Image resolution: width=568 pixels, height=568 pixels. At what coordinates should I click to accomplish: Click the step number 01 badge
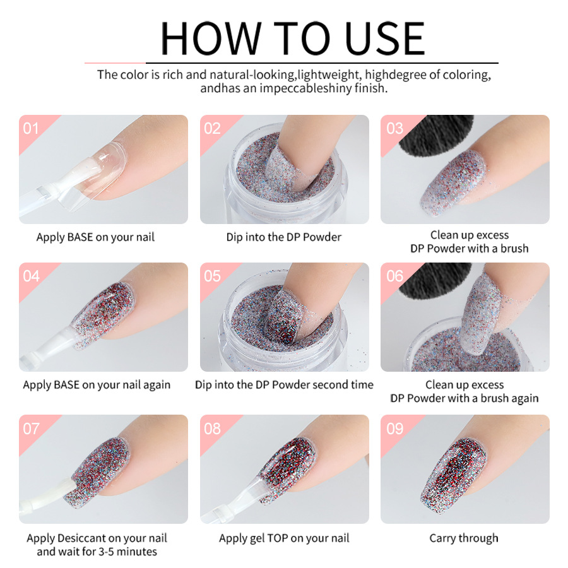(x=31, y=129)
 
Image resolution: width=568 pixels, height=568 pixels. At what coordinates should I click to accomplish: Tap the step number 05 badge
(x=213, y=276)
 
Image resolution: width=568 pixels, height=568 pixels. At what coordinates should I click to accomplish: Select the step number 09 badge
(x=394, y=429)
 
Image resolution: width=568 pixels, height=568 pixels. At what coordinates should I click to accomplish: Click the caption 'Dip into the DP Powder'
(x=284, y=237)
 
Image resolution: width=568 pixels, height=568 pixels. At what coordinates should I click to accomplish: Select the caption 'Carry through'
(x=464, y=538)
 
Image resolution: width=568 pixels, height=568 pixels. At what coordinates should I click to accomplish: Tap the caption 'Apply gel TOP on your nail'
(x=284, y=538)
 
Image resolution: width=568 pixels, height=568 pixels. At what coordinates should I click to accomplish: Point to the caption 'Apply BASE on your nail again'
(x=97, y=385)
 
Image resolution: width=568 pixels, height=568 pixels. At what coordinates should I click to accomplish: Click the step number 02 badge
(x=213, y=129)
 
